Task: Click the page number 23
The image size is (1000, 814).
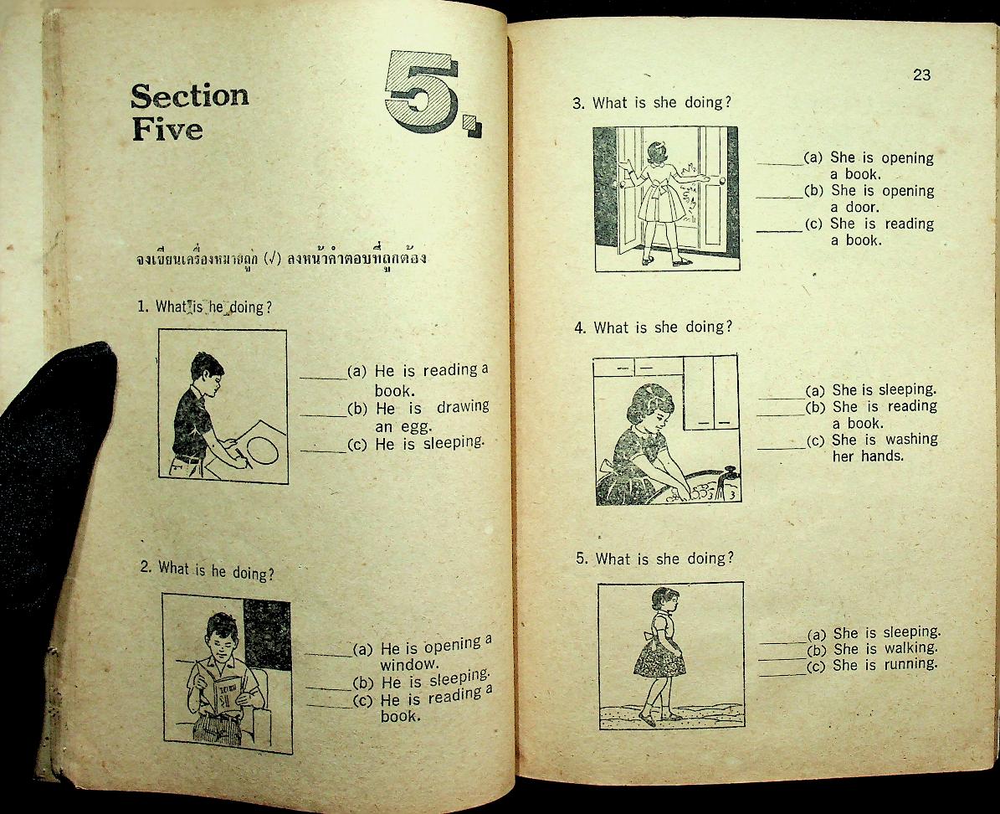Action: (921, 75)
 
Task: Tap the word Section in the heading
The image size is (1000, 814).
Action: (190, 96)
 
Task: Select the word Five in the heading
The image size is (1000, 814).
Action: (167, 130)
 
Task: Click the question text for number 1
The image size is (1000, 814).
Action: (204, 307)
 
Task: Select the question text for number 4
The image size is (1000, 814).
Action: (652, 327)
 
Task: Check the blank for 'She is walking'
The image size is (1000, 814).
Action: (782, 652)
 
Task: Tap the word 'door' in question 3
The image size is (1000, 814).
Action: (854, 208)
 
